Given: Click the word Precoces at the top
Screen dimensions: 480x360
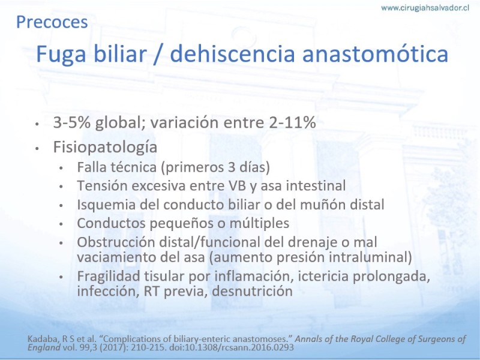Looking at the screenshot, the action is [x=52, y=22].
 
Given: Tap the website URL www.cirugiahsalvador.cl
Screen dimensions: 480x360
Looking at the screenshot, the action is [x=425, y=8].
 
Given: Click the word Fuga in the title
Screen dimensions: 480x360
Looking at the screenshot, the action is [x=61, y=55].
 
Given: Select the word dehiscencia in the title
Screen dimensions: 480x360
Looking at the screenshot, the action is [x=232, y=54].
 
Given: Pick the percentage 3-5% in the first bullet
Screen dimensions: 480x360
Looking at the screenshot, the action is [x=72, y=122].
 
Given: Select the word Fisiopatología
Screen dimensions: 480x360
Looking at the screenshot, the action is [x=105, y=147].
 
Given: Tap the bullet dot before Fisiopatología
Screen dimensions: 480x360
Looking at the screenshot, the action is [x=37, y=148].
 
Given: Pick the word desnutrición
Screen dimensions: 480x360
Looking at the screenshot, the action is [x=252, y=291].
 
